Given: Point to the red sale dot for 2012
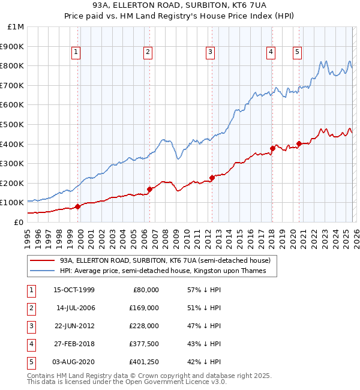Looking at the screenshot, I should pos(212,178).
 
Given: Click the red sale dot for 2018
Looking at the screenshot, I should pos(272,148).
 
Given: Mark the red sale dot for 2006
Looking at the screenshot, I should pos(149,189).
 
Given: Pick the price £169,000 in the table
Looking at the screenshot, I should pos(144,308).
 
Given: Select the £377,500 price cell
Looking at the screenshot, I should pos(144,344).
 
